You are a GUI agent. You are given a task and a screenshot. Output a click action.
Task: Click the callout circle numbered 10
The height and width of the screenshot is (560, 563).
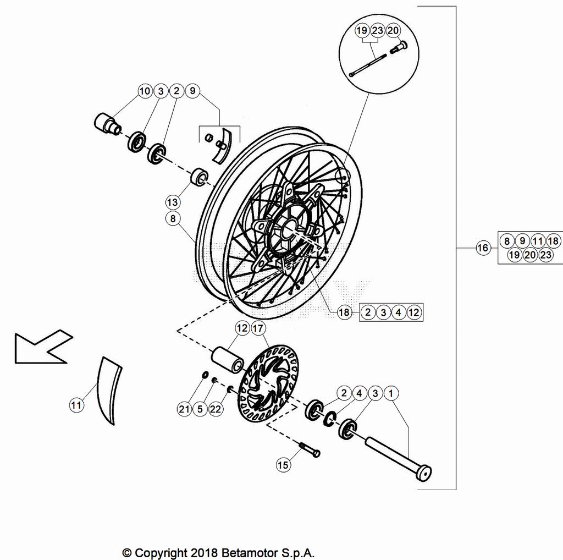pos(145,91)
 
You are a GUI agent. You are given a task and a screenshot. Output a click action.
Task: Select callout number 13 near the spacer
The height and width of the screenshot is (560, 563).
pos(172,202)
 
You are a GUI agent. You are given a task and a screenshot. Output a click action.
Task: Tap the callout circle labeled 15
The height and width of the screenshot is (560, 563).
pos(283,465)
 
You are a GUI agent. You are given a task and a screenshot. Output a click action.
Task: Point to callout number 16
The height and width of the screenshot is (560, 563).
pos(483,248)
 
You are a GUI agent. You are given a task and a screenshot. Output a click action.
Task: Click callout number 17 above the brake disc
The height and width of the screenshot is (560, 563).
pos(258,328)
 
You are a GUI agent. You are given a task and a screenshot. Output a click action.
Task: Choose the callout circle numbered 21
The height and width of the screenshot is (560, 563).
pos(184,409)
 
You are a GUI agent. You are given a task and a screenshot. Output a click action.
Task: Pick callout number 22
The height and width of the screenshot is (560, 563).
pos(216,409)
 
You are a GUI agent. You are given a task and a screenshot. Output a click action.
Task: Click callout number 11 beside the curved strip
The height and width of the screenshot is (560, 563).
pos(76,405)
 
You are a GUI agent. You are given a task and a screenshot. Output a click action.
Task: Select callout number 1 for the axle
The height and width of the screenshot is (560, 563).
pos(391,393)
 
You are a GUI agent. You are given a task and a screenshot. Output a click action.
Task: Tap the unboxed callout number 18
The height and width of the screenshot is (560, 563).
pos(344,312)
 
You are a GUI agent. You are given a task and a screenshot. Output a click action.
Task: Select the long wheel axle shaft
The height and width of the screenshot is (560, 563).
pos(398,457)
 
